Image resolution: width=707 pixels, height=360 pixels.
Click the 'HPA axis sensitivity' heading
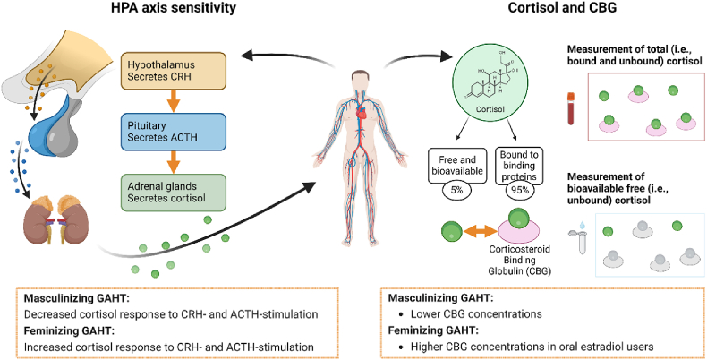click(x=174, y=8)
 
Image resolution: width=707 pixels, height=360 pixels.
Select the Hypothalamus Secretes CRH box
click(x=174, y=71)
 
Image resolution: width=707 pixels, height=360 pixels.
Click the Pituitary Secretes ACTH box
click(x=174, y=132)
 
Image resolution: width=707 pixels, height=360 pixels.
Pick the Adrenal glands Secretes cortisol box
click(x=174, y=193)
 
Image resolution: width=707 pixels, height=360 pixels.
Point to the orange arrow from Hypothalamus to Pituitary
click(x=174, y=101)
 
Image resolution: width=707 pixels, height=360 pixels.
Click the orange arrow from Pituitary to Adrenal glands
click(x=174, y=162)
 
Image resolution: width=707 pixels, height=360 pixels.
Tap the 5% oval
click(x=457, y=190)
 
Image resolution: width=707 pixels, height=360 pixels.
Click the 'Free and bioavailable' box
click(x=457, y=165)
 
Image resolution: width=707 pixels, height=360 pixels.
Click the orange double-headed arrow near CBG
click(x=481, y=232)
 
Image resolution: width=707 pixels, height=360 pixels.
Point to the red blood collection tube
click(x=571, y=108)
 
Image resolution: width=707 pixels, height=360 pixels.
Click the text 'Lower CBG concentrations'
click(x=476, y=313)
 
